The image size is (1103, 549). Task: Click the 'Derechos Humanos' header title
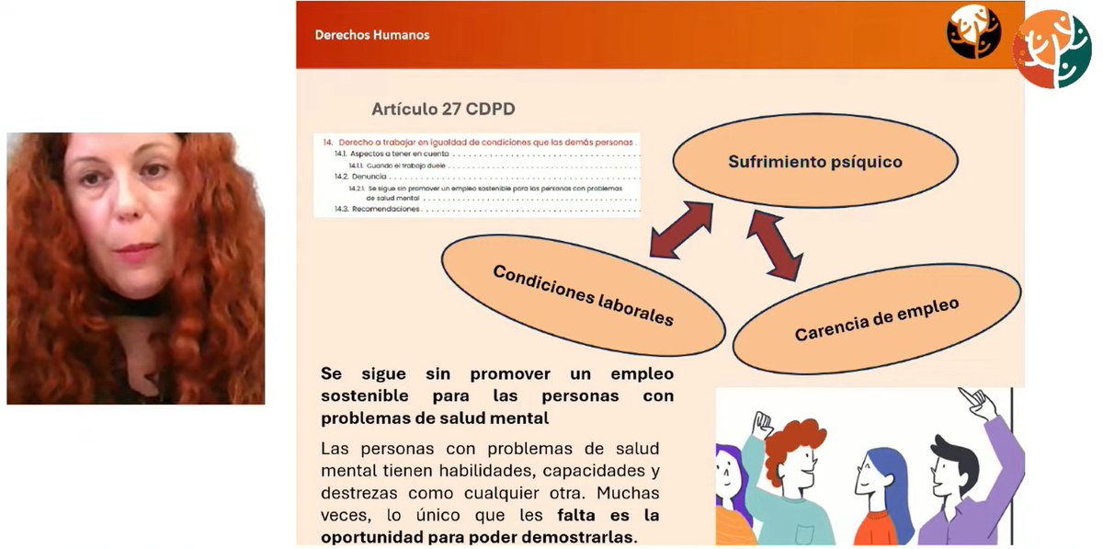[372, 36]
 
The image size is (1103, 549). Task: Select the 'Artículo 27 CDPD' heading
[443, 109]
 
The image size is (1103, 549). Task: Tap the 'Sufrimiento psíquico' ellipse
[814, 163]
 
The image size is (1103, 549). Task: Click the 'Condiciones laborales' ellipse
[583, 295]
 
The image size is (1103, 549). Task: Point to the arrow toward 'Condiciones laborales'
[681, 230]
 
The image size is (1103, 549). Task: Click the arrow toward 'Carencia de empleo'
[774, 245]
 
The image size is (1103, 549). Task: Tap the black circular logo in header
[973, 32]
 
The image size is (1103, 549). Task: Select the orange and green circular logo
[1051, 49]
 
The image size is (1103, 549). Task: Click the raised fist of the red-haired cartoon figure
[761, 424]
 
